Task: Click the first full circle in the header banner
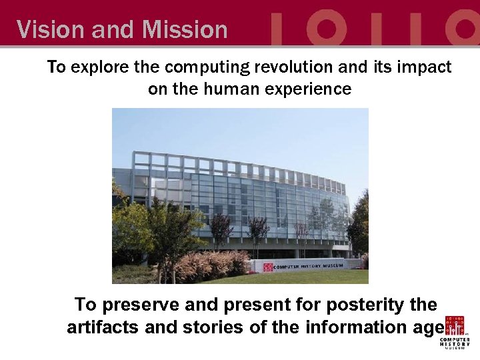pos(325,27)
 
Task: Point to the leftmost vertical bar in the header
pos(280,27)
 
